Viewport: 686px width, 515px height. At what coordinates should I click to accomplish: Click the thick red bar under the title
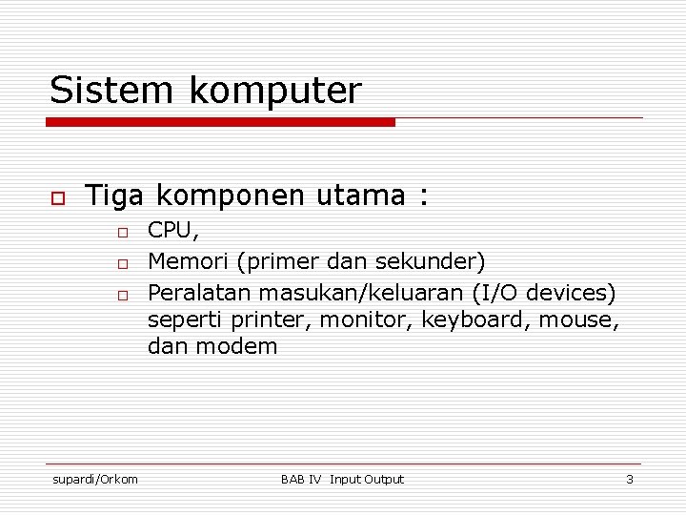220,122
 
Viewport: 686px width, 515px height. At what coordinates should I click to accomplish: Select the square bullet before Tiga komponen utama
57,198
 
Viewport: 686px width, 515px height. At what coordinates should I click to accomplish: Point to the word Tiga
114,196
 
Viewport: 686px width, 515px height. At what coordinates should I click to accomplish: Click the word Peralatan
196,290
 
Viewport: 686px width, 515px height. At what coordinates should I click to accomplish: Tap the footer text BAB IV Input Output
342,479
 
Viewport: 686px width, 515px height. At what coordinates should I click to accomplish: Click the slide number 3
629,479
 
